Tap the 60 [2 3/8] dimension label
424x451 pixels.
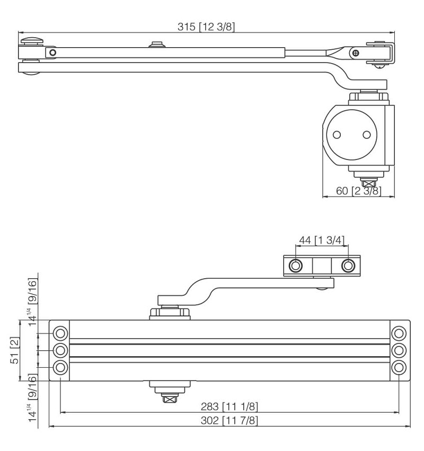[x=358, y=191]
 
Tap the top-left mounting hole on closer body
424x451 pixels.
[x=61, y=333]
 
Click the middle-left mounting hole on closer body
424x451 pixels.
[x=61, y=350]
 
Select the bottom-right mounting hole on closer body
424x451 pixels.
[x=399, y=367]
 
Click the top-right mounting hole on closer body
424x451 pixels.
[x=399, y=333]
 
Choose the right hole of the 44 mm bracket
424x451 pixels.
[x=348, y=265]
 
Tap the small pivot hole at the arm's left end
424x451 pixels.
[x=52, y=52]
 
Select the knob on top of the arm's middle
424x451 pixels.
[x=156, y=44]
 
